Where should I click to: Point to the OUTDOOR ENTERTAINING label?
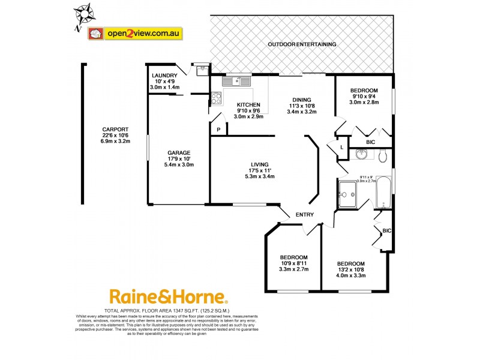[x=302, y=44]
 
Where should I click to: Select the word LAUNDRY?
[x=164, y=76]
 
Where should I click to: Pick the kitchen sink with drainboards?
[x=236, y=80]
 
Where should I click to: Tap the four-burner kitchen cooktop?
[x=216, y=98]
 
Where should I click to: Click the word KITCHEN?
[x=247, y=104]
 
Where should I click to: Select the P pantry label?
[x=219, y=130]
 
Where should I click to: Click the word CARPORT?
[x=115, y=130]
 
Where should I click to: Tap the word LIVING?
[x=260, y=164]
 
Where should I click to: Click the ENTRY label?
[x=302, y=215]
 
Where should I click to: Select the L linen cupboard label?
[x=341, y=147]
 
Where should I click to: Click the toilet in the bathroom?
[x=383, y=155]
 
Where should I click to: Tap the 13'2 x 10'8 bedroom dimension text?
[x=350, y=271]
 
